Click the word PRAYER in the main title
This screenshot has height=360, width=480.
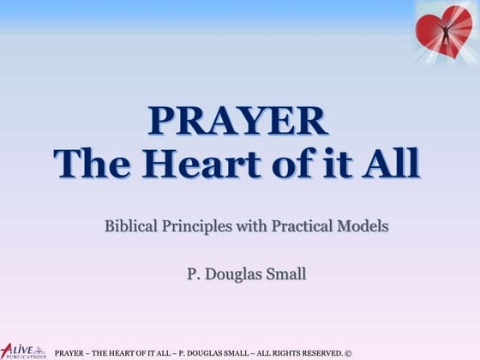tap(238, 121)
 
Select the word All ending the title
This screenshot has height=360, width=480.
tap(391, 163)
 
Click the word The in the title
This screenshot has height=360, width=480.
tap(93, 163)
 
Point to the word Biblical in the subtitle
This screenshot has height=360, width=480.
tap(131, 226)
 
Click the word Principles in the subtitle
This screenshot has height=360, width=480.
tap(197, 227)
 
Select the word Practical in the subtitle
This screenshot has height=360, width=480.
tap(302, 226)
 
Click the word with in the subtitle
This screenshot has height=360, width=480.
tap(252, 226)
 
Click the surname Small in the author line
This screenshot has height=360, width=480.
tap(286, 273)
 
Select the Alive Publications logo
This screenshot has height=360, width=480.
tap(23, 351)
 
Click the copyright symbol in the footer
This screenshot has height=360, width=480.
tap(348, 353)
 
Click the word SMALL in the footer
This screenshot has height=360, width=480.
tap(236, 353)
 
